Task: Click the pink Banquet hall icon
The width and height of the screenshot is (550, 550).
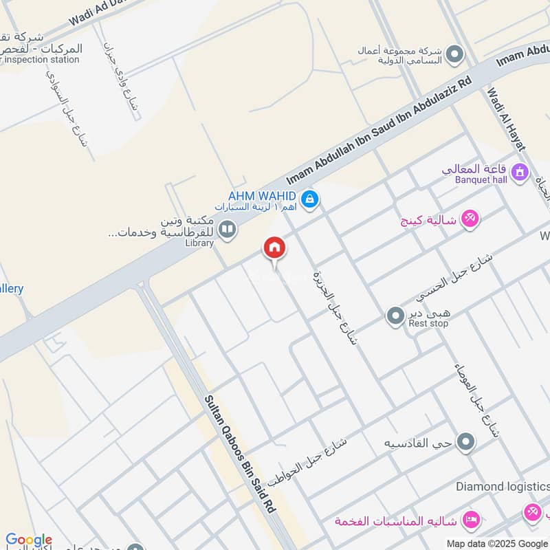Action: click(x=520, y=171)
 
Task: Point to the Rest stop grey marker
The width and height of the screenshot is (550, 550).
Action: click(x=395, y=316)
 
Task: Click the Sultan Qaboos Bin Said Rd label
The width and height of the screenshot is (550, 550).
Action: click(x=241, y=454)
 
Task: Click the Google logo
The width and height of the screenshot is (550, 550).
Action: click(x=29, y=540)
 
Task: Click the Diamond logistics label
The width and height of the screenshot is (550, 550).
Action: click(x=503, y=487)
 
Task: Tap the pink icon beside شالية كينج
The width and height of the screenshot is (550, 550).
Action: click(x=470, y=219)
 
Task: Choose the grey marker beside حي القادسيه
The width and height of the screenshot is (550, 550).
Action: click(x=466, y=442)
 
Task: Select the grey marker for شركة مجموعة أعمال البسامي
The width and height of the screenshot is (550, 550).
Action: click(x=454, y=53)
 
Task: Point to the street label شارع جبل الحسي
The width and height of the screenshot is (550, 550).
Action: click(x=454, y=278)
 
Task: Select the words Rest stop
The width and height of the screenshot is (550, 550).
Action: click(x=428, y=323)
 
